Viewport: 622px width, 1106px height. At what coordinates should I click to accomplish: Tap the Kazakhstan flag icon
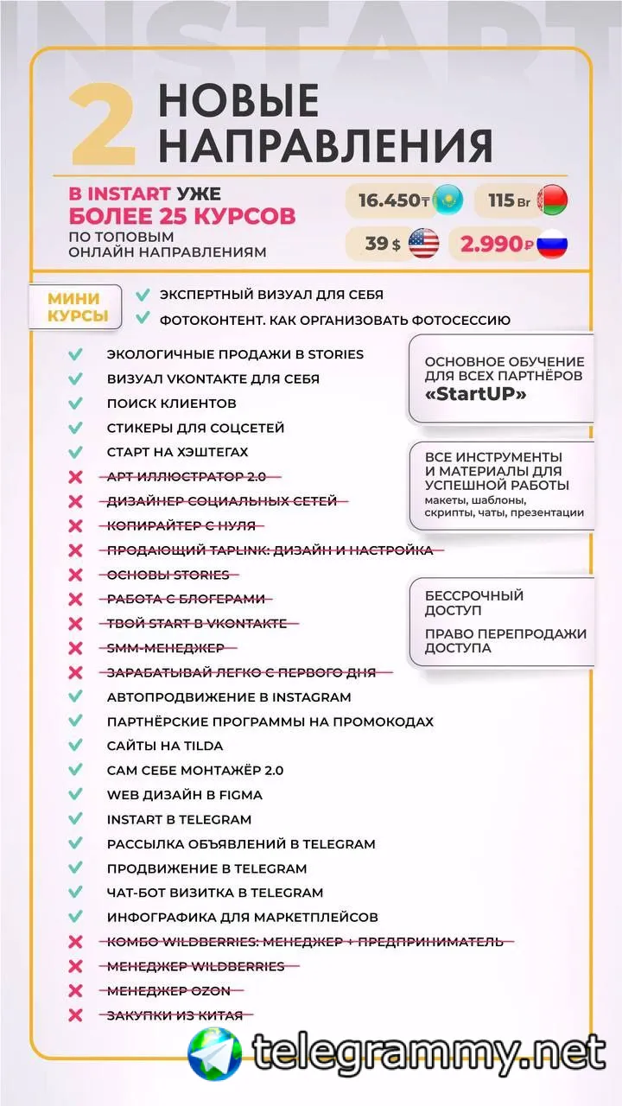(x=447, y=200)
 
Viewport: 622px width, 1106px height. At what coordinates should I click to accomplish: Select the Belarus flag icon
(x=552, y=200)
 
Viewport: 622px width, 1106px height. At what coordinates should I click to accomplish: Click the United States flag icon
(x=423, y=244)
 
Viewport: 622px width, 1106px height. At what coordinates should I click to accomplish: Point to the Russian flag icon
(x=551, y=244)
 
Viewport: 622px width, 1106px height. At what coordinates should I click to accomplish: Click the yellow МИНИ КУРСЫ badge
(x=73, y=307)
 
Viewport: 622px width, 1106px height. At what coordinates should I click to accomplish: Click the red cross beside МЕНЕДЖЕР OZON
(x=76, y=991)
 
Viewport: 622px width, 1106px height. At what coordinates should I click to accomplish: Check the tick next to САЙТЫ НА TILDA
(x=76, y=746)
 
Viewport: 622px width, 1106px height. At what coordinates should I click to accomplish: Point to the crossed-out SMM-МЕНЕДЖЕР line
(x=165, y=648)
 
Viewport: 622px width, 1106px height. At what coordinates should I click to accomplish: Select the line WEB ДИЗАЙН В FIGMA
(x=184, y=795)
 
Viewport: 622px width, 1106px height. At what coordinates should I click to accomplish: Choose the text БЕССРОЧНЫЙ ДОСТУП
(x=473, y=602)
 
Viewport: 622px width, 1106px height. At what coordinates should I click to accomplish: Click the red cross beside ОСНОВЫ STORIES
(x=76, y=575)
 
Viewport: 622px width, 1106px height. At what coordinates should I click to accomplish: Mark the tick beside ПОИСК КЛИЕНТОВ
(x=76, y=404)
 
